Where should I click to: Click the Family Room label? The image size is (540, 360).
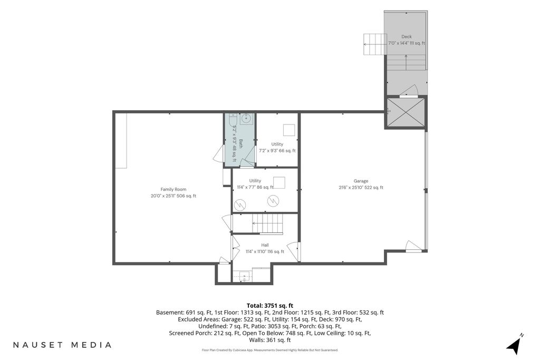[x=173, y=189]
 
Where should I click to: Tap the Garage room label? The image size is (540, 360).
[x=361, y=181]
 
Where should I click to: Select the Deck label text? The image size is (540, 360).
[x=407, y=36]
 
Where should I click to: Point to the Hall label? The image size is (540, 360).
[x=265, y=245]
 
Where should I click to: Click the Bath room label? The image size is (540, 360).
[x=241, y=144]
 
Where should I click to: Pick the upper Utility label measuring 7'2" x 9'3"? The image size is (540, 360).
[x=277, y=144]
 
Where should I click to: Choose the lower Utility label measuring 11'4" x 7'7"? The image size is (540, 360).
[x=255, y=181]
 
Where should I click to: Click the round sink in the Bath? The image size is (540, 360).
[x=246, y=119]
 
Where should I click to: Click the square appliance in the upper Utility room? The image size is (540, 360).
[x=289, y=130]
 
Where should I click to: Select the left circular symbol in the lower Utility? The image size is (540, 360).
[x=240, y=205]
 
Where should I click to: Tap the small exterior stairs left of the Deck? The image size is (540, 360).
[x=374, y=44]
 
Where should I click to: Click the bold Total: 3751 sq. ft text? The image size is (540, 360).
[x=270, y=306]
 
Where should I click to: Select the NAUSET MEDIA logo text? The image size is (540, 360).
[x=62, y=345]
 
